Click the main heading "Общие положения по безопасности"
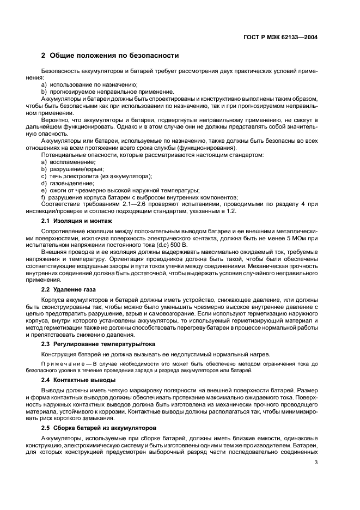(114, 56)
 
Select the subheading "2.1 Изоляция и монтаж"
(77, 221)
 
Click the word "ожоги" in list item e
(58, 190)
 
